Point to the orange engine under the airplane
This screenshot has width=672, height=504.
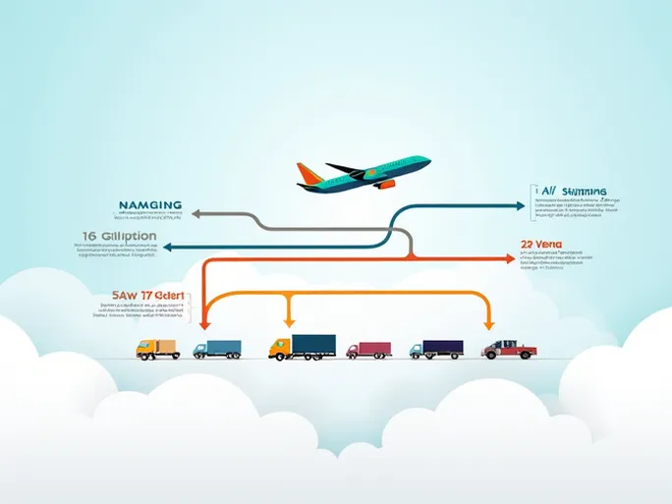[382, 184]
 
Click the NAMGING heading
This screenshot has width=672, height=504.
[149, 205]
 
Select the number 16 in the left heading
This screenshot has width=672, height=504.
[89, 237]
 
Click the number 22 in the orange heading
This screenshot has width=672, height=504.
[529, 245]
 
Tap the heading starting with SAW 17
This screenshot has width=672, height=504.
[147, 294]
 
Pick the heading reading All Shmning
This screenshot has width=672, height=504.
[573, 192]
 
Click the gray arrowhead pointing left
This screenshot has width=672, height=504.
[195, 212]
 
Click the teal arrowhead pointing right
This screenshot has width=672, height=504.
[520, 206]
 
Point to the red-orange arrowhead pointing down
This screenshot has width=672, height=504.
[203, 322]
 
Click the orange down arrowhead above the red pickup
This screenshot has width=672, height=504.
[487, 322]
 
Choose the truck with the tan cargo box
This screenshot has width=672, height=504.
[158, 349]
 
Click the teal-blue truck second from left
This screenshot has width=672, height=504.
[217, 349]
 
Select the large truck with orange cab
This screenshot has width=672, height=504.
[302, 347]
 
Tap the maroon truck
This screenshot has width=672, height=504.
[368, 350]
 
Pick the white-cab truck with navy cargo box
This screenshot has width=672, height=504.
[436, 349]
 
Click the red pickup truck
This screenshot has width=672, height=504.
[510, 349]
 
